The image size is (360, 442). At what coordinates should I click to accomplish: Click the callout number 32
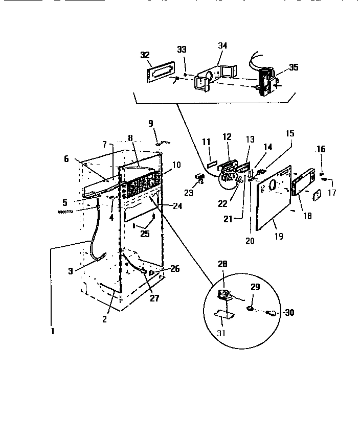coord(145,55)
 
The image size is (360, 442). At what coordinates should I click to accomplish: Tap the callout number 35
coord(293,67)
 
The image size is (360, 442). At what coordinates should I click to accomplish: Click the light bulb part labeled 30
coord(273,313)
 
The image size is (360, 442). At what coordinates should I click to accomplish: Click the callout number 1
coord(52,331)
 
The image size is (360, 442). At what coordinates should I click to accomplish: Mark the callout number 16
coord(321,149)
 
